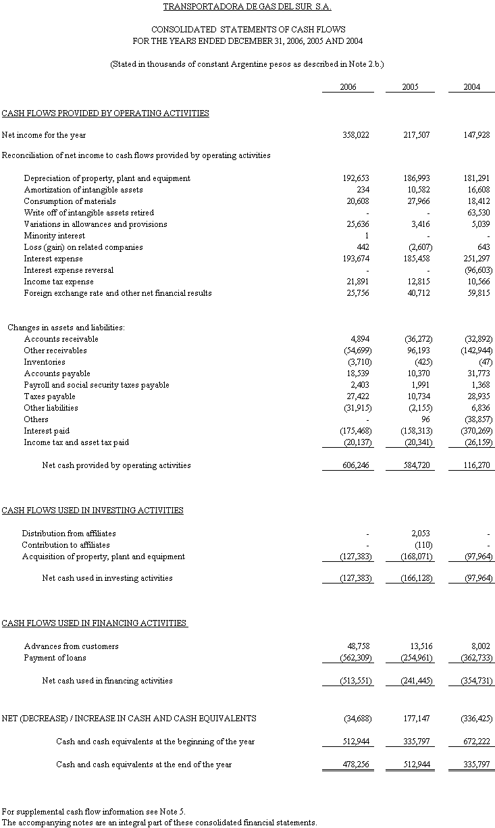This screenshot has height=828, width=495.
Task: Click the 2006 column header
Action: pos(348,87)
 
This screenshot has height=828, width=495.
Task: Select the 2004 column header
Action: pos(472,87)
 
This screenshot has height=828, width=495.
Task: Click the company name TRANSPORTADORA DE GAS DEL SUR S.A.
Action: pos(247,7)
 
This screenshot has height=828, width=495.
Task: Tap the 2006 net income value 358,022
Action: pos(356,135)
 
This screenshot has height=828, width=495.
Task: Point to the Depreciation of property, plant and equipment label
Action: pos(107,178)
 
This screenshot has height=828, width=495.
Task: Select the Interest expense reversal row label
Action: pos(68,270)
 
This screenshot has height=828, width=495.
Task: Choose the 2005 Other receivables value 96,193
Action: pos(420,351)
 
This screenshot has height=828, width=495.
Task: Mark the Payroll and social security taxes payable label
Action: pos(97,385)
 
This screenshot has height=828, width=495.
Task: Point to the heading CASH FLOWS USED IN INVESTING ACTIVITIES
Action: pos(93,511)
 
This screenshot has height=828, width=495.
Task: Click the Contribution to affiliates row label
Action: pos(66,545)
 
